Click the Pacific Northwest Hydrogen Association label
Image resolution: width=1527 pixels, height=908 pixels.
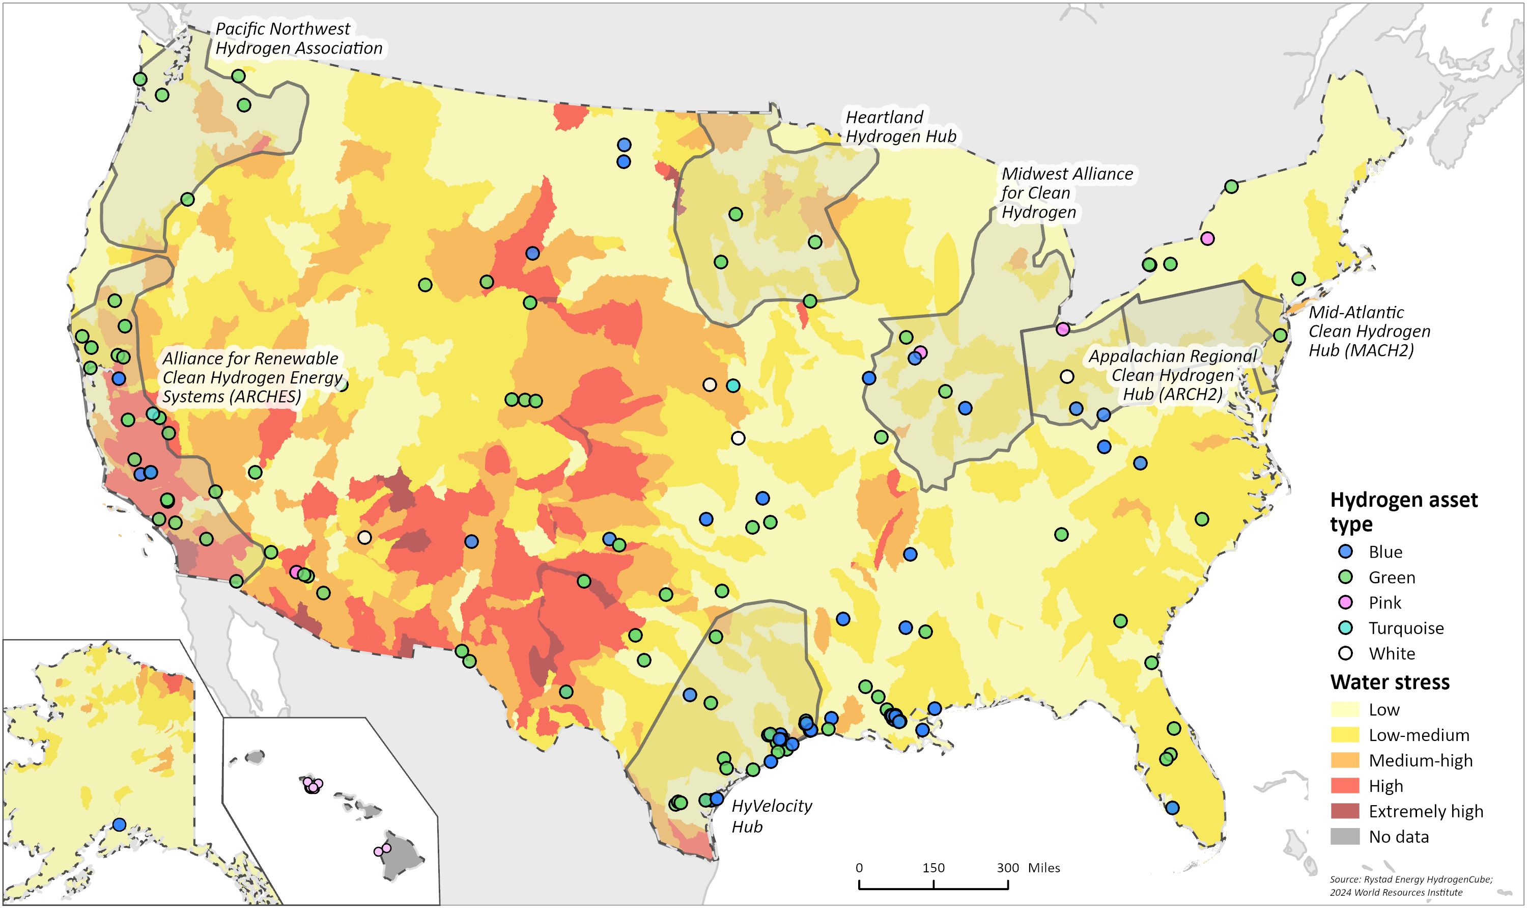298,39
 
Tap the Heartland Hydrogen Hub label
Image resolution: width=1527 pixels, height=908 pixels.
900,127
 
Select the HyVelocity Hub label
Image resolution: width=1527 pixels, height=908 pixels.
771,816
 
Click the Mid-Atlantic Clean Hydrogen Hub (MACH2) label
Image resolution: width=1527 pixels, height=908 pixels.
1369,331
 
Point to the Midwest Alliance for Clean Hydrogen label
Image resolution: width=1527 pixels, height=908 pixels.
1066,192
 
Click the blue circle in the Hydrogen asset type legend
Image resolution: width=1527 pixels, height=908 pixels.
1345,552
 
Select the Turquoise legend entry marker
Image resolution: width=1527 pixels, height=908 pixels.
1345,628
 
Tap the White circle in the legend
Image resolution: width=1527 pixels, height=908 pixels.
1345,653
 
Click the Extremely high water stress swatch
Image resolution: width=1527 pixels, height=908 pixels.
1345,811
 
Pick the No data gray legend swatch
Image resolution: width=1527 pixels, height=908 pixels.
1345,836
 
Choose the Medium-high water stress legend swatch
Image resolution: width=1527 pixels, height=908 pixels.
1345,760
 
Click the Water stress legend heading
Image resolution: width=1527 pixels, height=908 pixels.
1390,681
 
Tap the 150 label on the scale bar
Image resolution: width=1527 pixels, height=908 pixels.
933,868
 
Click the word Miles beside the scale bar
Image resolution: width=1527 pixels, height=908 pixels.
1044,868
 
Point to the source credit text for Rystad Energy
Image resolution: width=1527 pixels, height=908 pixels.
1410,879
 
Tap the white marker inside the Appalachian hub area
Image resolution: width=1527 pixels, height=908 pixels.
1066,376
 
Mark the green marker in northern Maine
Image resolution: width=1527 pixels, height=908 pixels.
1231,186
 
